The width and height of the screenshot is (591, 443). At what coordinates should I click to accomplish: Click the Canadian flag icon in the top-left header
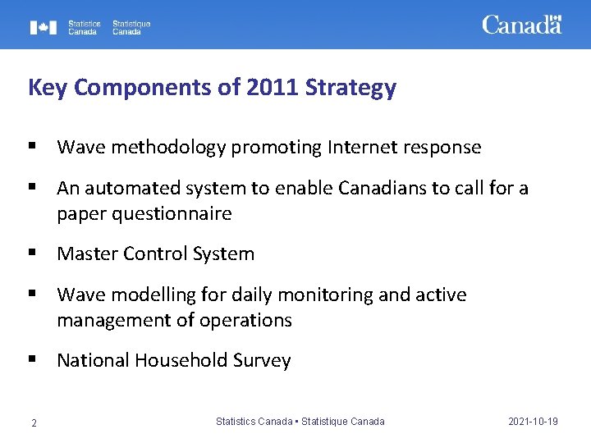(x=44, y=27)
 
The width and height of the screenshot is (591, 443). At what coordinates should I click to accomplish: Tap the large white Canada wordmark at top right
(x=521, y=25)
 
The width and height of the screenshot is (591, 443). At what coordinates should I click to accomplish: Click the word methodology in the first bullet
(x=168, y=148)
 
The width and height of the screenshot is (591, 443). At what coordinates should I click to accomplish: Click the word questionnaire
(x=144, y=214)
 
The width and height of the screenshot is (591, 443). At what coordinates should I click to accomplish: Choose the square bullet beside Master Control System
(x=32, y=253)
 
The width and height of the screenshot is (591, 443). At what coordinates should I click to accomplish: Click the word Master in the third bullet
(x=86, y=254)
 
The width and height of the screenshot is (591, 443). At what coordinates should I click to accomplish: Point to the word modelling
(x=148, y=295)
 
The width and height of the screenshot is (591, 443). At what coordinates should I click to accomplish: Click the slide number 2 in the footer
(x=34, y=422)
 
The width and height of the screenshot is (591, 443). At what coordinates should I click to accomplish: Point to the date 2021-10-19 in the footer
(x=533, y=422)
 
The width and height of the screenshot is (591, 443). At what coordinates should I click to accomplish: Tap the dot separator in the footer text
(x=297, y=422)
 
